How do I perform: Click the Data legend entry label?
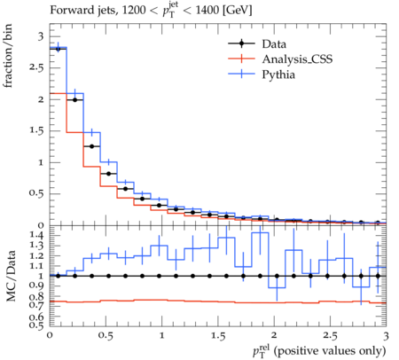coord(274,44)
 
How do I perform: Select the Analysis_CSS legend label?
coord(297,59)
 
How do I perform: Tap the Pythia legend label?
coord(278,74)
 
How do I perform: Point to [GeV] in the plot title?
coord(238,11)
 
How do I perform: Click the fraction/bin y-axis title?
coord(7,56)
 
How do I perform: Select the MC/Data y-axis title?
coord(11,276)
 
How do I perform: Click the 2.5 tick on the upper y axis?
coord(36,67)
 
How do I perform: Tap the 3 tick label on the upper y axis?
coord(41,36)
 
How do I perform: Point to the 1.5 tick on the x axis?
coord(218,336)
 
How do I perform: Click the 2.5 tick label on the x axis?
coord(330,336)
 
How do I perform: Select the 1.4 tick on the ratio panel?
coord(36,235)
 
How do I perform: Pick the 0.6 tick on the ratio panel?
coord(36,317)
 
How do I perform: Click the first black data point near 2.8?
coord(58,49)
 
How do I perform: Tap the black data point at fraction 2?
coord(74,100)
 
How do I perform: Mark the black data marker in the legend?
coord(241,43)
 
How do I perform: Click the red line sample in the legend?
coord(241,59)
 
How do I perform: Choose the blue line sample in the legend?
coord(241,74)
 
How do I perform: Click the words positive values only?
coord(330,351)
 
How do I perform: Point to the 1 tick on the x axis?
coord(161,336)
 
